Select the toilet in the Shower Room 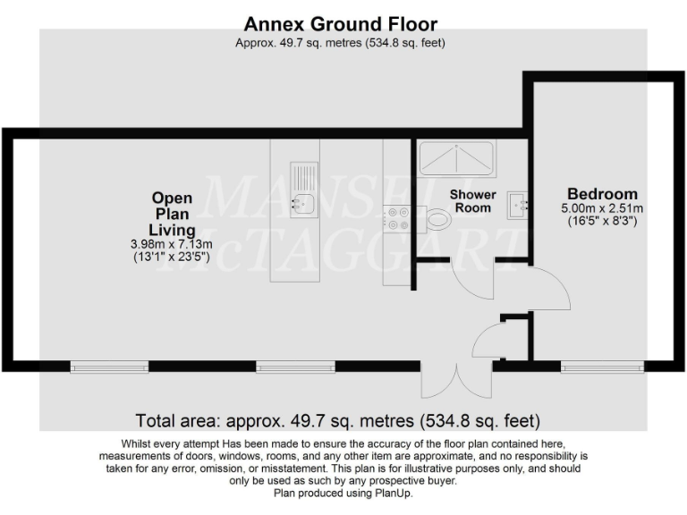(438, 217)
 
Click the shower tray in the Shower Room (456, 158)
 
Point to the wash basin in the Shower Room (518, 203)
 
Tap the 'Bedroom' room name (602, 193)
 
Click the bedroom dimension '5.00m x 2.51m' (602, 208)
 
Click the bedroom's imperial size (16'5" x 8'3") (602, 221)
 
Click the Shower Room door (471, 281)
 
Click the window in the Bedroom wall (601, 366)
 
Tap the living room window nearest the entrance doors (295, 366)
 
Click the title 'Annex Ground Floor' (341, 22)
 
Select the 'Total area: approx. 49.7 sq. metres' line (337, 419)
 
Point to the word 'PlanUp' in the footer (391, 493)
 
